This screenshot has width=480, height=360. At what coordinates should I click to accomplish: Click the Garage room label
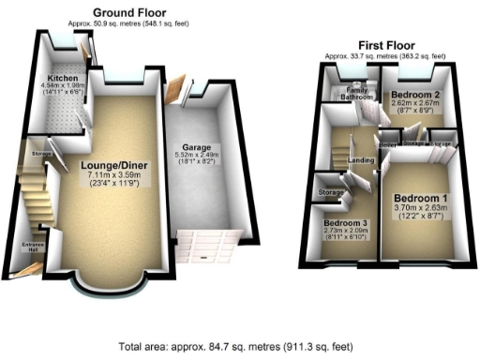click(198, 147)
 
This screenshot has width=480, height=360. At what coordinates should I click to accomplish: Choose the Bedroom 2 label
click(414, 96)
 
